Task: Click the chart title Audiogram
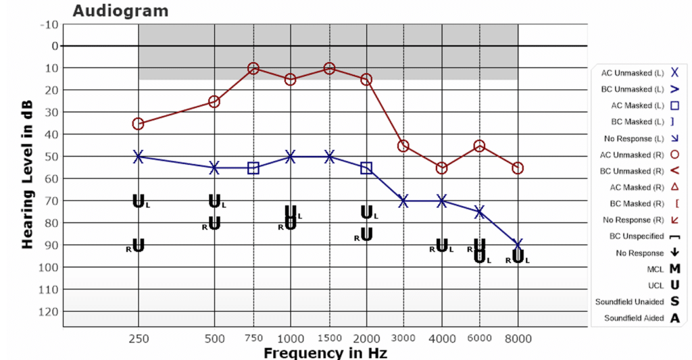point(120,11)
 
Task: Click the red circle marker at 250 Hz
point(138,124)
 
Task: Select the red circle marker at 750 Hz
point(253,68)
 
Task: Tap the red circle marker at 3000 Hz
point(403,145)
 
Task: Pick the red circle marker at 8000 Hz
point(518,168)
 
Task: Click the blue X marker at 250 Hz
point(138,156)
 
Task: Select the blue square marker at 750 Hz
point(253,168)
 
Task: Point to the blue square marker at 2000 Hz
point(366,168)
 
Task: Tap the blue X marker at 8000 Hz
point(518,245)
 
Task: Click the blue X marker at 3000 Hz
point(403,201)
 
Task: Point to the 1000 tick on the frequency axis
point(291,338)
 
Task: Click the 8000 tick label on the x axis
point(518,338)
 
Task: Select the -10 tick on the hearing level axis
point(50,24)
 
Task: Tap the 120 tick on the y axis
point(49,311)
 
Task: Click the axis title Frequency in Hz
point(325,353)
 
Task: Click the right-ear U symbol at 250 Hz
point(138,246)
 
